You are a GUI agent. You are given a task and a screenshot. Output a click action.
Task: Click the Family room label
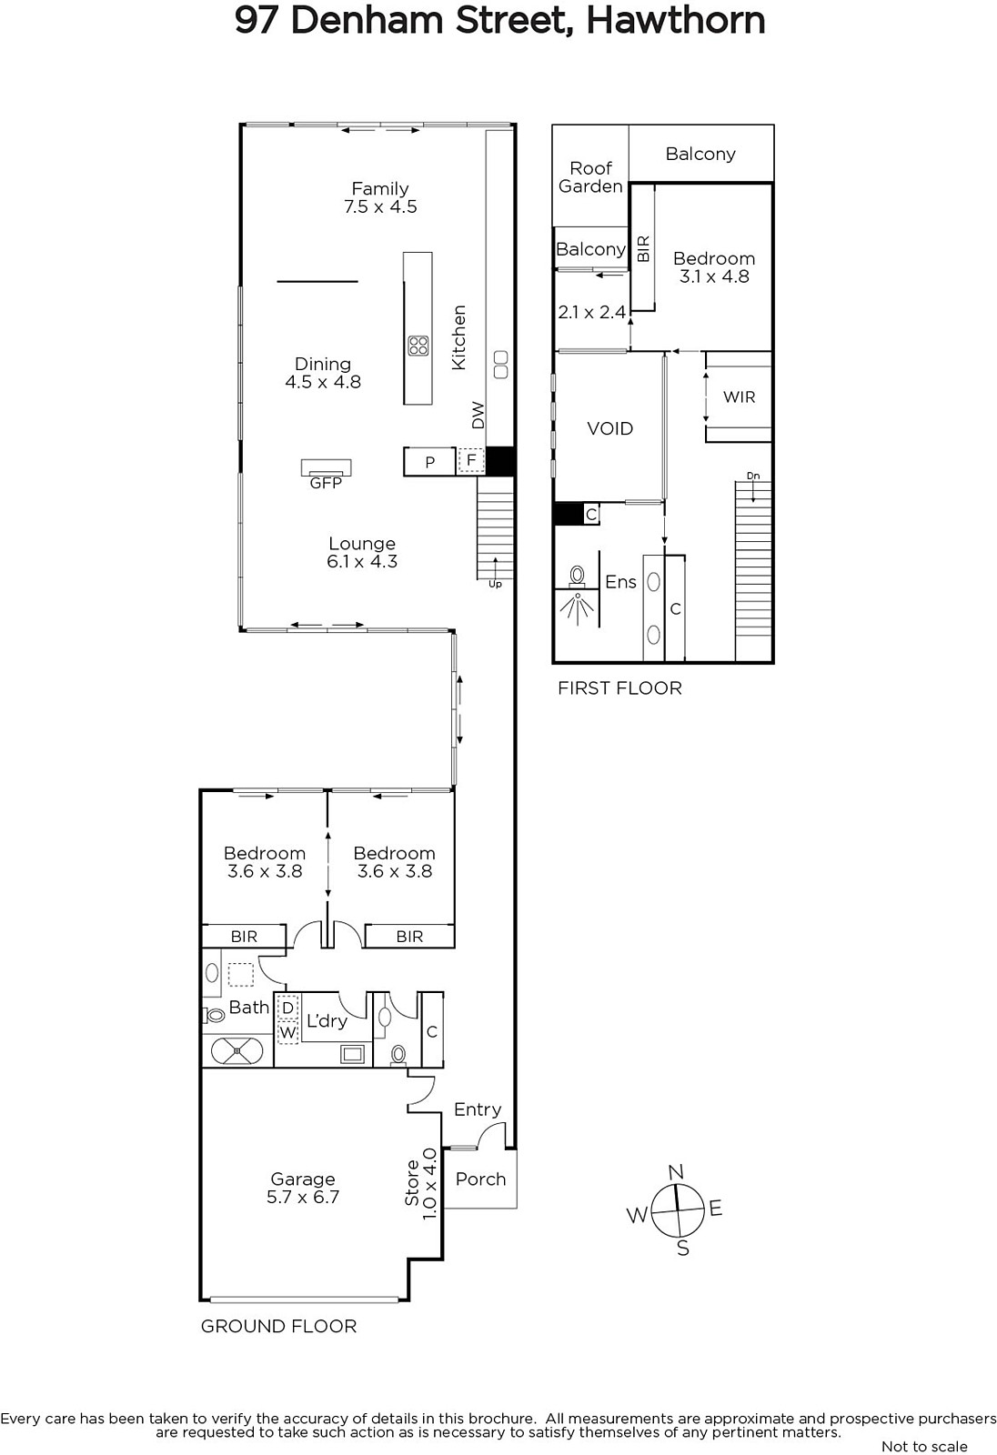click(380, 188)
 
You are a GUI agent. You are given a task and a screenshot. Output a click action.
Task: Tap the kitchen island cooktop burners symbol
click(418, 345)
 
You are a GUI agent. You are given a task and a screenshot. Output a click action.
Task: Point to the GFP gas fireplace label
click(326, 483)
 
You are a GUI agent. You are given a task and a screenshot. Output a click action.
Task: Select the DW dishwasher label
click(478, 415)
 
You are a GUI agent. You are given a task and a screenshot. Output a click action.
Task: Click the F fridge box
click(471, 460)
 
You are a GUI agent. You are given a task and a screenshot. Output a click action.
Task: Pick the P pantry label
click(429, 463)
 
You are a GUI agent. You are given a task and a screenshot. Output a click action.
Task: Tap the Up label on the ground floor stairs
click(495, 584)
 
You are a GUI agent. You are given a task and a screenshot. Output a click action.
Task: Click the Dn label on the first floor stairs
click(752, 477)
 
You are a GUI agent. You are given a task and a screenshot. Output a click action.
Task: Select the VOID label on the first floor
click(609, 428)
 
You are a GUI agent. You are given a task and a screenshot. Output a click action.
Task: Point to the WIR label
click(739, 396)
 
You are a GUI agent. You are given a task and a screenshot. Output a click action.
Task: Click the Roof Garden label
click(590, 177)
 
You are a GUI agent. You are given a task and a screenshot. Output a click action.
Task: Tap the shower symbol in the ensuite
click(577, 608)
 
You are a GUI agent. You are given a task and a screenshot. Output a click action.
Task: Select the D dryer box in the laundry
click(287, 1008)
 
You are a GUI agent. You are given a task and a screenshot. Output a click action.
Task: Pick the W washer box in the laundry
click(287, 1032)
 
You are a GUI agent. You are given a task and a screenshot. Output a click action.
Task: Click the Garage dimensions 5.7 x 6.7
click(303, 1197)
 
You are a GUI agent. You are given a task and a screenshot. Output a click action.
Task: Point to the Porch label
click(480, 1179)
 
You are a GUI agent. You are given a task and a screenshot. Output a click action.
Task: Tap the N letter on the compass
click(676, 1172)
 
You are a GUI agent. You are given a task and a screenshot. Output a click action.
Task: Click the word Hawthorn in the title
click(675, 21)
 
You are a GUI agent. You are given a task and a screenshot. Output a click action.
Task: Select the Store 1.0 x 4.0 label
click(421, 1183)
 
